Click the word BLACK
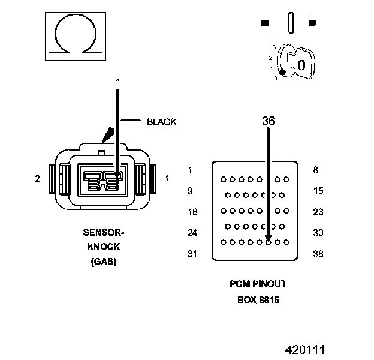tap(162, 122)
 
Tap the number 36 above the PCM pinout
tap(268, 121)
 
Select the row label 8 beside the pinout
tap(315, 170)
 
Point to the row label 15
tap(318, 191)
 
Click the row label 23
tap(318, 212)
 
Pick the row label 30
tap(318, 233)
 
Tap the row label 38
tap(318, 254)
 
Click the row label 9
tap(190, 191)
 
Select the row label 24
tap(192, 233)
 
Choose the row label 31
tap(192, 254)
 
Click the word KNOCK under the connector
tap(104, 247)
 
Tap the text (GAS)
tap(104, 262)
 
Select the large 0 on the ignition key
tap(301, 64)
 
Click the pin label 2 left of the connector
tap(38, 178)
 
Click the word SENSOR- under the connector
tap(104, 232)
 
